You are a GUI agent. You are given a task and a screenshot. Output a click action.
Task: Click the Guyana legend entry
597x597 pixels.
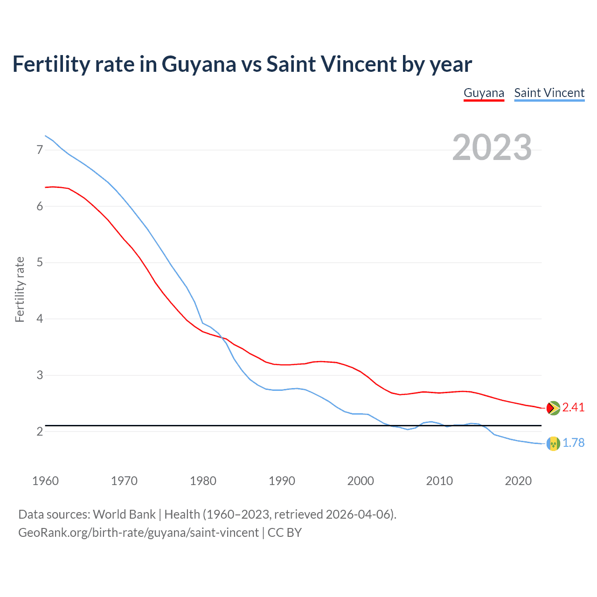(484, 93)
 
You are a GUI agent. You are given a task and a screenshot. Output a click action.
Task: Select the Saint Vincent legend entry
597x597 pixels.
(549, 93)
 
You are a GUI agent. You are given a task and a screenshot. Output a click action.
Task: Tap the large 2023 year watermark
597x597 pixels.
(492, 147)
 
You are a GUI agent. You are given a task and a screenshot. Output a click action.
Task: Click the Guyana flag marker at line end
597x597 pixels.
(553, 408)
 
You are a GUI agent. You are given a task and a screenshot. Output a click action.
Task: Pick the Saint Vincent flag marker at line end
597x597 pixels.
(553, 444)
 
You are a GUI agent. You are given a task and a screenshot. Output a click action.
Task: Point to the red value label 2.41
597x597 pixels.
(573, 408)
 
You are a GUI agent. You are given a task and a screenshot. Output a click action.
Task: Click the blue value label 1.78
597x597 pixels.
(573, 443)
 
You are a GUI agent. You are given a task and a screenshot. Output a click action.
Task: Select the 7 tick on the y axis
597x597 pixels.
(40, 150)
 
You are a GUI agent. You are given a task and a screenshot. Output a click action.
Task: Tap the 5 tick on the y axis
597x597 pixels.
(40, 263)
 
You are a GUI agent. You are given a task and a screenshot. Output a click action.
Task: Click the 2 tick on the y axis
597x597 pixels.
(40, 432)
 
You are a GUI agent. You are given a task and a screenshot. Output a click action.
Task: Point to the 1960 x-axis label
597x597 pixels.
(45, 481)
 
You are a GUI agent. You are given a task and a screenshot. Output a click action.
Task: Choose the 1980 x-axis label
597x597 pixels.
(203, 481)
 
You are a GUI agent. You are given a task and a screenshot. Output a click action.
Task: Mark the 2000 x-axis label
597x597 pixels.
(361, 481)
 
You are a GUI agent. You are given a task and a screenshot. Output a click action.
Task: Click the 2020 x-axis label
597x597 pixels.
(518, 481)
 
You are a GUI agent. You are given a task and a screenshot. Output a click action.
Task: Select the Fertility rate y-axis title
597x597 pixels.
(20, 289)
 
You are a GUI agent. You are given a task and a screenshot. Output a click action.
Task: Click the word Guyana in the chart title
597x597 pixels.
(199, 64)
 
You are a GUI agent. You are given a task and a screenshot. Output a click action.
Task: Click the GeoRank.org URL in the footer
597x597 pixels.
(138, 533)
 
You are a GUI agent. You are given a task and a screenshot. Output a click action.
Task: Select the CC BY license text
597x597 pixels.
(285, 533)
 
